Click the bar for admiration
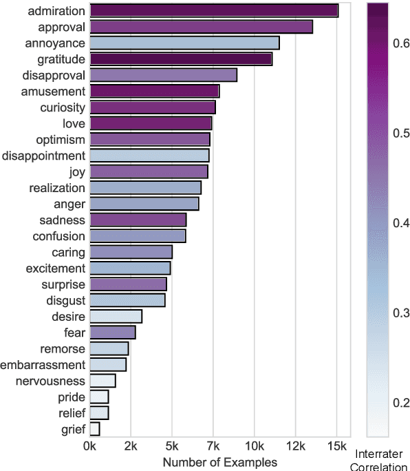point(213,10)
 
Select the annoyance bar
point(184,43)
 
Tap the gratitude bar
point(181,59)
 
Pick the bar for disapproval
point(163,75)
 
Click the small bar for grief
point(95,429)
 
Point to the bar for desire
point(116,317)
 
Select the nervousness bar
point(102,381)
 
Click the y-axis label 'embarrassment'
point(43,365)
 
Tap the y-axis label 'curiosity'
point(63,107)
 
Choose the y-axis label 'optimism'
point(61,139)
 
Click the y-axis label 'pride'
point(72,397)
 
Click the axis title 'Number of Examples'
point(219,461)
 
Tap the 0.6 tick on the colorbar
point(402,43)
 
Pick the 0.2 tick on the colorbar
point(402,403)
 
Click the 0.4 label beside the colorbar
point(402,223)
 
